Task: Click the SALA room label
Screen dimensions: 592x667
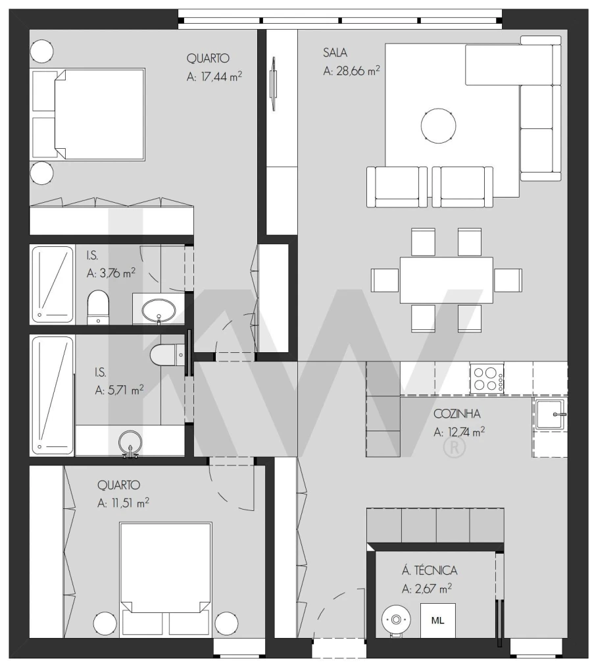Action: pyautogui.click(x=335, y=53)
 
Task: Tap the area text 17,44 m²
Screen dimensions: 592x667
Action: pyautogui.click(x=222, y=76)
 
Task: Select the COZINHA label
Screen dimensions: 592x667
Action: pyautogui.click(x=457, y=414)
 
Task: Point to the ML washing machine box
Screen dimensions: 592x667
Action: pyautogui.click(x=437, y=620)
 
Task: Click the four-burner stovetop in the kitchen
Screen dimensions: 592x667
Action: pyautogui.click(x=487, y=378)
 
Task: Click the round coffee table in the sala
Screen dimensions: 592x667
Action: pyautogui.click(x=439, y=126)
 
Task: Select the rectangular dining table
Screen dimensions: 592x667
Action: pyautogui.click(x=446, y=280)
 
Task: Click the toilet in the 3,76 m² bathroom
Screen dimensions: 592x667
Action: pyautogui.click(x=98, y=307)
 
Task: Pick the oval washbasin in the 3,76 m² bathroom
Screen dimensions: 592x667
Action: pyautogui.click(x=158, y=311)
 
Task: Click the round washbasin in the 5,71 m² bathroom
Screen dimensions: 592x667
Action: pyautogui.click(x=130, y=442)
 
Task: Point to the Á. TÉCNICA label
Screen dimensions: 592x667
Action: pyautogui.click(x=430, y=570)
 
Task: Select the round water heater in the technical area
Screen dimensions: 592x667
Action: pyautogui.click(x=396, y=620)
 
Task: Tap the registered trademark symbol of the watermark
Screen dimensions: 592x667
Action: pyautogui.click(x=455, y=446)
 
